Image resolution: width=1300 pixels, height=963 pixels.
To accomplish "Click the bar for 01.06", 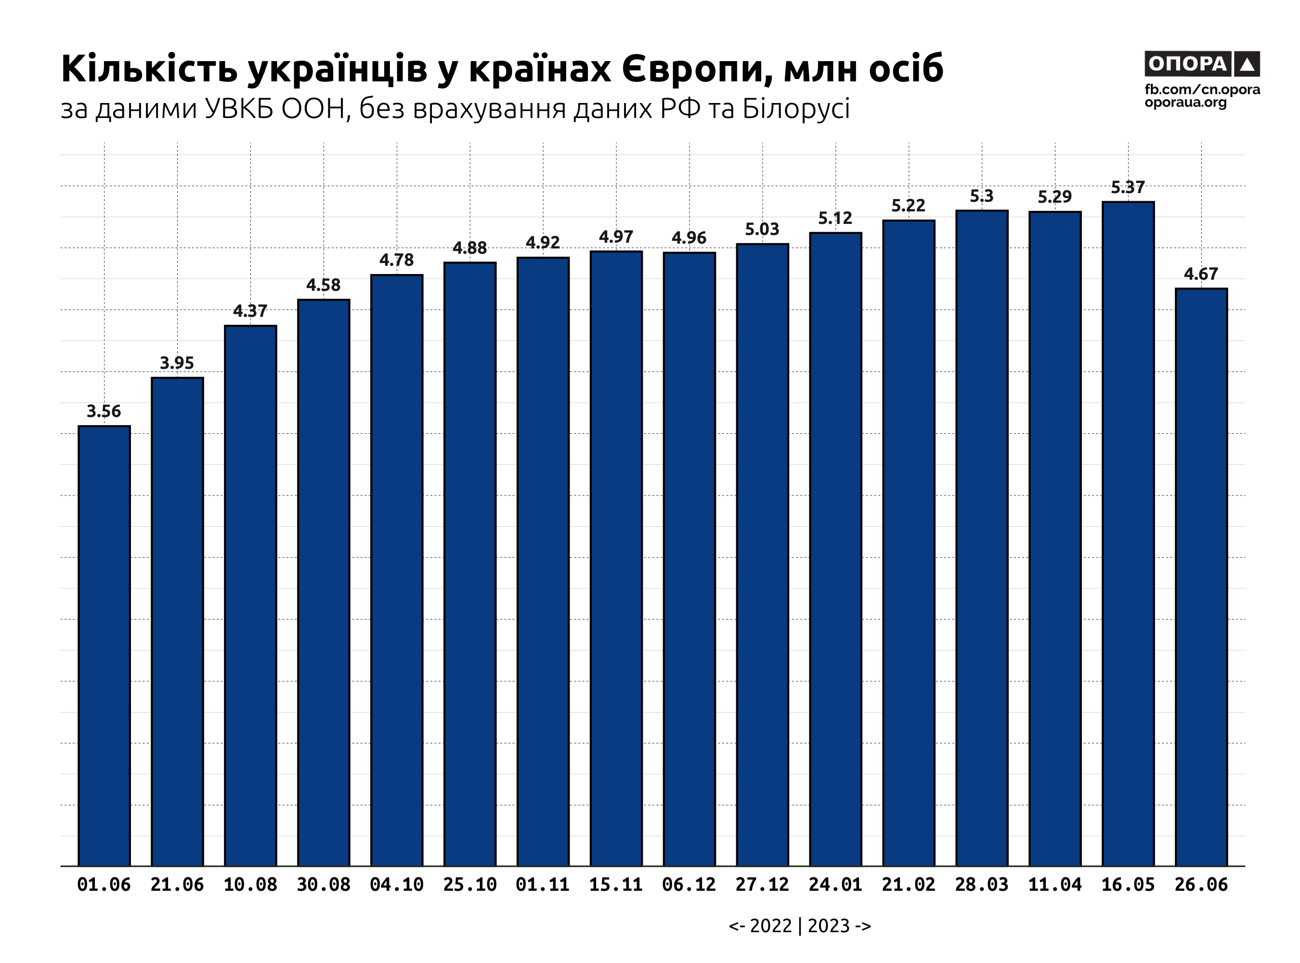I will [x=104, y=645].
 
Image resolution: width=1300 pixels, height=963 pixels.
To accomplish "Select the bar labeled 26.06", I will [x=1201, y=577].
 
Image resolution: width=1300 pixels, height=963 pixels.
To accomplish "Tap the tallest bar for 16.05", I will [x=1128, y=534].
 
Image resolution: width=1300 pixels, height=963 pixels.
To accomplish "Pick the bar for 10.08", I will [x=251, y=595].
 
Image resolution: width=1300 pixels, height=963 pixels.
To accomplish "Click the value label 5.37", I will [x=1128, y=188].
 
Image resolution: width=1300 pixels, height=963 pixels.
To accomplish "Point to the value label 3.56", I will [x=104, y=412].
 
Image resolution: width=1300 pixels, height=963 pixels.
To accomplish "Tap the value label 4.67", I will [x=1201, y=274].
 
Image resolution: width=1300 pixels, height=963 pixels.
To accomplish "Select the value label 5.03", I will [x=762, y=230].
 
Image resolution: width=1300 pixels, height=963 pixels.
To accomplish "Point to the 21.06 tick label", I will [x=177, y=885].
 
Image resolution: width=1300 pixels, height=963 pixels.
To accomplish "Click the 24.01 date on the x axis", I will [x=835, y=885].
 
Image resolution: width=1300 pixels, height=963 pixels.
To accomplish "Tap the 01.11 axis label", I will [x=543, y=885].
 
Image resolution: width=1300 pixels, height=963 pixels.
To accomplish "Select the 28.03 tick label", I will [x=982, y=885].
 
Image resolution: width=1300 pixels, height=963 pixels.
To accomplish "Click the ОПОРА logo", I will [x=1202, y=64].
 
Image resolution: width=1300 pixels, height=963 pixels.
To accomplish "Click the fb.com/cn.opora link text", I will [x=1202, y=90].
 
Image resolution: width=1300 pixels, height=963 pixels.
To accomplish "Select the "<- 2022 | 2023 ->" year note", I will [x=800, y=926].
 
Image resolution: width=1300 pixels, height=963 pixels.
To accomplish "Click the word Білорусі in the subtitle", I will [x=796, y=109].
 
